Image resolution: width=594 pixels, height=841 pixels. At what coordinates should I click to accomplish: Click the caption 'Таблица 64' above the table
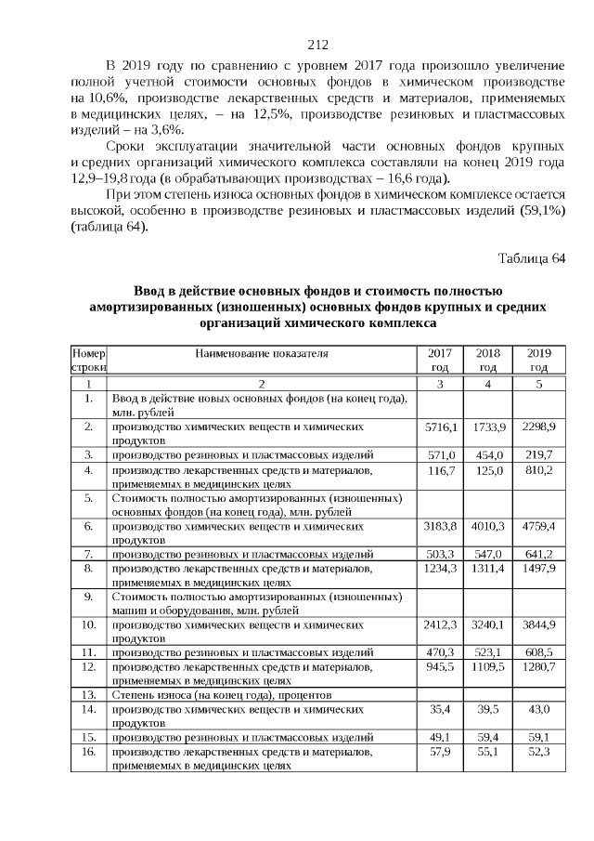pos(532,257)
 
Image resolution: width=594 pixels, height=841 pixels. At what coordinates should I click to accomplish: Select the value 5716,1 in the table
pos(441,426)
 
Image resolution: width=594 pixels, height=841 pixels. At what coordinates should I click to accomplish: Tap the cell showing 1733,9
pos(488,426)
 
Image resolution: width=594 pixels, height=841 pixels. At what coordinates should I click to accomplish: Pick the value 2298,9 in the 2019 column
pos(538,426)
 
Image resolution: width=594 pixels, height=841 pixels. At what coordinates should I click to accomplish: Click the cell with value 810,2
pos(538,471)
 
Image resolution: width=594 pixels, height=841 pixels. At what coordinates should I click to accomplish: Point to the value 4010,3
pos(488,526)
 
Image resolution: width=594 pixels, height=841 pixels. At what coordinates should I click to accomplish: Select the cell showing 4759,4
pos(538,526)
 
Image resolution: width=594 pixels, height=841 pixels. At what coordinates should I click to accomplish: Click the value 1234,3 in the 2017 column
pos(441,567)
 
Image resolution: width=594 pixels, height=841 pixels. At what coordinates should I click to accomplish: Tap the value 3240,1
pos(488,626)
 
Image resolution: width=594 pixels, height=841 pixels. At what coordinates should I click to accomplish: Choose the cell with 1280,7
pos(538,667)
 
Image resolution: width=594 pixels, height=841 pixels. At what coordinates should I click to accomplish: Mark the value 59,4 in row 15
pos(488,737)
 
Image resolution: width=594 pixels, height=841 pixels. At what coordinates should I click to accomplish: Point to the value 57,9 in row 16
pos(441,750)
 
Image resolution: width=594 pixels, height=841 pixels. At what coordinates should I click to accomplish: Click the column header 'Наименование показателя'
pos(262,354)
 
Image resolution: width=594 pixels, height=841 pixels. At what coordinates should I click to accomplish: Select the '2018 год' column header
pos(488,361)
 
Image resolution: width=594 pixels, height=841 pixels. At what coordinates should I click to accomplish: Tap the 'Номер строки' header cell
pos(89,361)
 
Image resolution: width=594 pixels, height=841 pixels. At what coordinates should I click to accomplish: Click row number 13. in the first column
pos(89,694)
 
